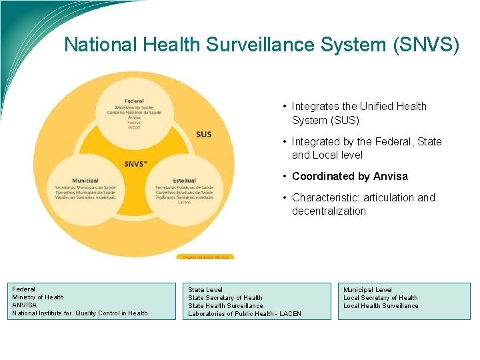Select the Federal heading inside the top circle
(134, 101)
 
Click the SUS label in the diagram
(203, 134)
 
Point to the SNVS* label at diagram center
(135, 164)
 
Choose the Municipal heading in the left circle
(85, 180)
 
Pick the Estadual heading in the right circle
(184, 180)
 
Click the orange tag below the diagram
(196, 257)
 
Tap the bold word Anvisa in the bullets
(390, 176)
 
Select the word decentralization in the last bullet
(329, 211)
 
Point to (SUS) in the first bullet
(344, 120)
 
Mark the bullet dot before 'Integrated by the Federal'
(285, 141)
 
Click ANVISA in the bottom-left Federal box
(25, 305)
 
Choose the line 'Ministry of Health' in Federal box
(38, 297)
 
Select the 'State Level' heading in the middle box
(205, 290)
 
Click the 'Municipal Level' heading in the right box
(367, 290)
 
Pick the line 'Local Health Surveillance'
(381, 306)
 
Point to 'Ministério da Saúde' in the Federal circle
(134, 107)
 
